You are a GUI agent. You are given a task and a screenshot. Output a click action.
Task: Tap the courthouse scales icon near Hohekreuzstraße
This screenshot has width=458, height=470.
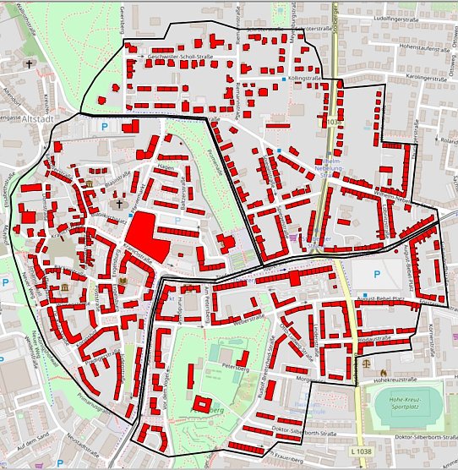(366, 361)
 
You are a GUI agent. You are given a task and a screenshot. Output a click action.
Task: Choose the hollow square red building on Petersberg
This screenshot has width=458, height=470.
(203, 404)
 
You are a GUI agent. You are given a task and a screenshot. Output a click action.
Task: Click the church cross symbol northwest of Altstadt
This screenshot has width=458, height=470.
(29, 64)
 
